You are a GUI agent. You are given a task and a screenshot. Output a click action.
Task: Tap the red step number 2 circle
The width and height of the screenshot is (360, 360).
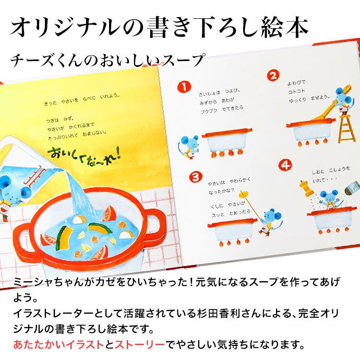click(x=272, y=76)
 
